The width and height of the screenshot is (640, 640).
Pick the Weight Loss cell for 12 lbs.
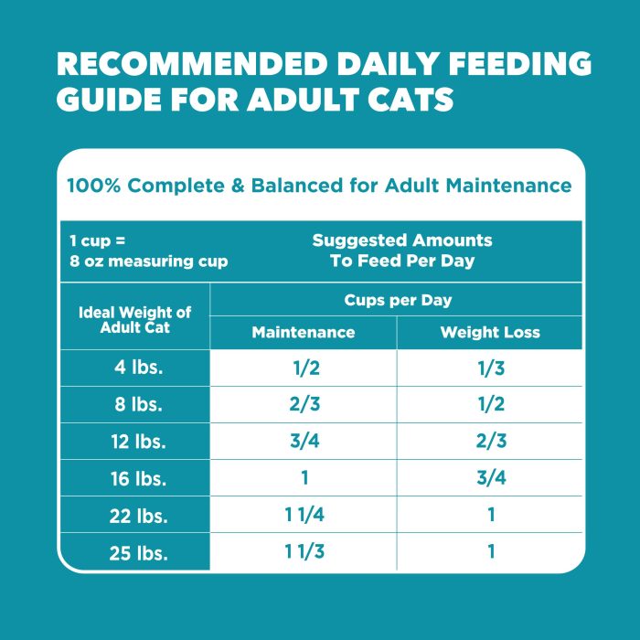click(490, 441)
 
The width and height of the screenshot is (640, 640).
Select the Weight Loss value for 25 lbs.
click(490, 551)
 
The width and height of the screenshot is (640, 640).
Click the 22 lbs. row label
click(134, 515)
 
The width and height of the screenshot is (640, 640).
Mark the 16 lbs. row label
click(134, 477)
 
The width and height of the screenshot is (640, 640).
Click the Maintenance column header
click(304, 332)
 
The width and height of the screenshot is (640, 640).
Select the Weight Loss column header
click(490, 332)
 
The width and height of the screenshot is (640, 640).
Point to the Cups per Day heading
click(398, 300)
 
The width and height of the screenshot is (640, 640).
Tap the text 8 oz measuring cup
click(149, 261)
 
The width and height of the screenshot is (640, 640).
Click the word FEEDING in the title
click(497, 65)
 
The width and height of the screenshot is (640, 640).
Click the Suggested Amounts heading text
click(402, 240)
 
